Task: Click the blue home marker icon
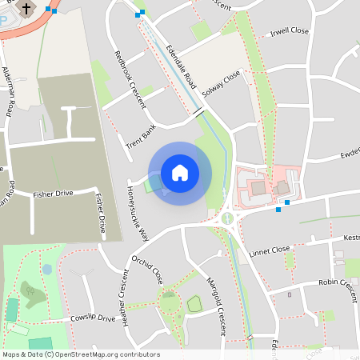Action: point(180,172)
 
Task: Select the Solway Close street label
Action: point(222,83)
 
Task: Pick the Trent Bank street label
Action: point(141,137)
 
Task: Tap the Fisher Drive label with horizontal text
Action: point(53,194)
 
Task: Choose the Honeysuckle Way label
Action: point(137,214)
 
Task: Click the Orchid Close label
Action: point(147,270)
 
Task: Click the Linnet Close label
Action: point(269,250)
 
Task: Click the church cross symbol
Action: point(26,9)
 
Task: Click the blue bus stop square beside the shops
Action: point(287,202)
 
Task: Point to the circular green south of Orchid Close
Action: point(170,302)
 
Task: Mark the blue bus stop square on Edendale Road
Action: point(142,13)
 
